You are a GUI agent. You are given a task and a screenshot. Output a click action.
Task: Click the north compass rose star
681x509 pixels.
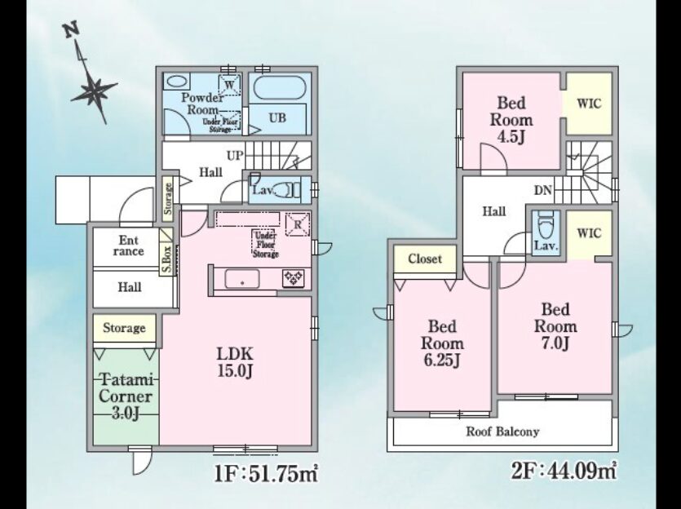click(x=95, y=91)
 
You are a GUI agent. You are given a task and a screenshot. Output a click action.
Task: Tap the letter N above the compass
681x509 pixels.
click(x=71, y=31)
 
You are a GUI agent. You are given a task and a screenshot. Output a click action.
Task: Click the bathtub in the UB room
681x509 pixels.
click(x=280, y=88)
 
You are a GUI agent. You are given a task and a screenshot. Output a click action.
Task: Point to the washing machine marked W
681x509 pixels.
click(x=230, y=84)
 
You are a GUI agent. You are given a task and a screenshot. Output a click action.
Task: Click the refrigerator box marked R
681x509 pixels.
click(x=298, y=224)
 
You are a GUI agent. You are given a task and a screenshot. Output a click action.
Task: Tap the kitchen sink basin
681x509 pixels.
click(x=242, y=279)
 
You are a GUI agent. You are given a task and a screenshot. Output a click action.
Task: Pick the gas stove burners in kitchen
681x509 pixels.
click(x=294, y=278)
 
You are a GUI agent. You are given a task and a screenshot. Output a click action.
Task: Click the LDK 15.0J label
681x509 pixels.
click(x=235, y=362)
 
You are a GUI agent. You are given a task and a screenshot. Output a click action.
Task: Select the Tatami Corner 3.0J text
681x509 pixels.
click(x=126, y=396)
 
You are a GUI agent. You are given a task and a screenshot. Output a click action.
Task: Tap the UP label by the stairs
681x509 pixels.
click(x=235, y=156)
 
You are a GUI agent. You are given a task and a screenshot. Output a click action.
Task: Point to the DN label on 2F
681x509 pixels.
click(x=543, y=190)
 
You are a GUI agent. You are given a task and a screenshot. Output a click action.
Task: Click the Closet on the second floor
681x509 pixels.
click(x=425, y=259)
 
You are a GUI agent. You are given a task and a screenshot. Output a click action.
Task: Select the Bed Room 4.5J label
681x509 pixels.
click(x=511, y=120)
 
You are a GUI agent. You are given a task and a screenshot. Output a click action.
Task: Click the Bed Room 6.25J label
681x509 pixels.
click(x=442, y=343)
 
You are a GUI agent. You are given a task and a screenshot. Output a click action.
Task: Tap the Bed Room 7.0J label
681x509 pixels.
click(x=555, y=326)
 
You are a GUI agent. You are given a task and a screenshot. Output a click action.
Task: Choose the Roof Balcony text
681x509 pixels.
click(x=503, y=432)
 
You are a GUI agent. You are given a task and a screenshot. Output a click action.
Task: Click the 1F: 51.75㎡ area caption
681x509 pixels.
click(x=266, y=473)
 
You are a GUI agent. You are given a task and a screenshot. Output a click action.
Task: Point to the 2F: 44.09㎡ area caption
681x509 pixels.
click(x=564, y=471)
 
